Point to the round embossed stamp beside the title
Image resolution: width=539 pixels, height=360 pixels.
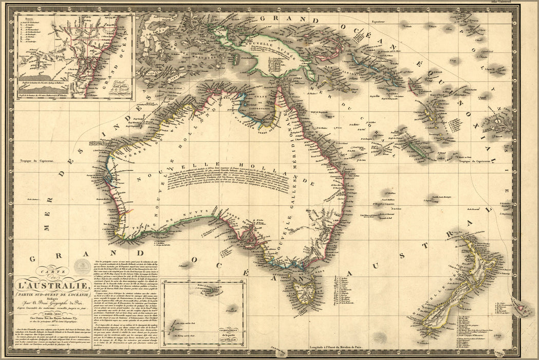pos(81,266)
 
